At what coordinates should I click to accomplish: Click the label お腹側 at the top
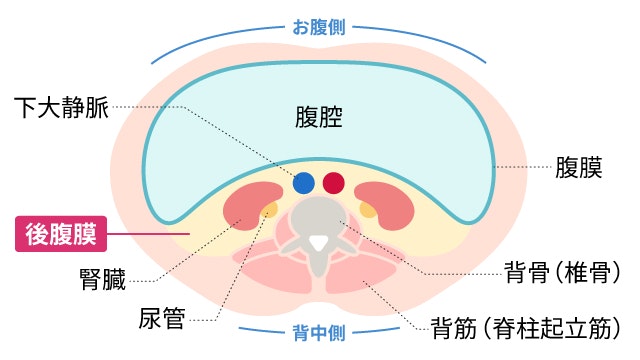[319, 28]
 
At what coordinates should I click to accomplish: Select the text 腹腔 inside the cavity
[319, 118]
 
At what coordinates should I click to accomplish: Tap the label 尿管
[160, 320]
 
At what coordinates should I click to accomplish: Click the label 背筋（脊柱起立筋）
[530, 326]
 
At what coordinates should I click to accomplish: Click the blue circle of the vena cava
[304, 183]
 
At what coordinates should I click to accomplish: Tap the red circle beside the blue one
[334, 183]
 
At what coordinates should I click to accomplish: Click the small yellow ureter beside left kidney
[270, 210]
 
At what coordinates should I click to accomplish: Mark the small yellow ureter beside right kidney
[368, 210]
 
